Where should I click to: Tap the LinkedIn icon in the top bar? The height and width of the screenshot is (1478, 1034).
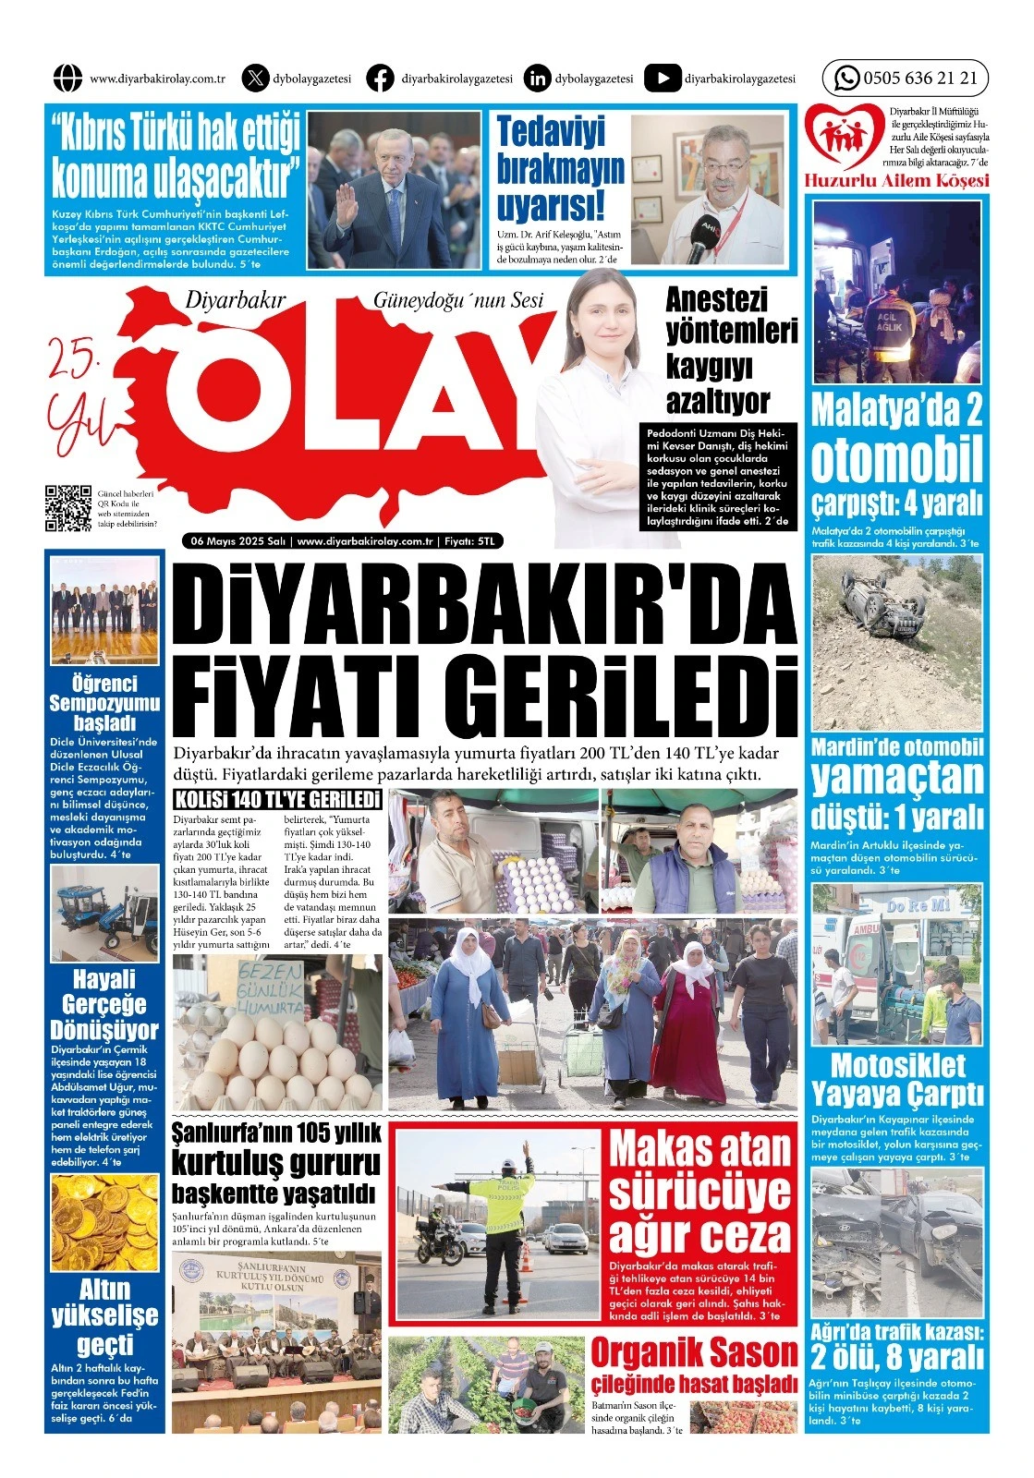(x=537, y=79)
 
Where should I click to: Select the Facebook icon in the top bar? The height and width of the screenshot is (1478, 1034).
(x=380, y=79)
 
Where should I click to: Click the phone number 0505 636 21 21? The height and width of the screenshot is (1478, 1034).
(x=919, y=79)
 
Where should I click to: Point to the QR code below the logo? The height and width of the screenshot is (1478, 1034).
(x=68, y=508)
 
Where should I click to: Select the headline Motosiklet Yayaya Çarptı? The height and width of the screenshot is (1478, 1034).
(x=897, y=1079)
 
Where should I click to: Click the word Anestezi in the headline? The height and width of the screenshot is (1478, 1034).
(x=717, y=300)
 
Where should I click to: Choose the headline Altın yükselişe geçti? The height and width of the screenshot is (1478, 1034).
(x=104, y=1315)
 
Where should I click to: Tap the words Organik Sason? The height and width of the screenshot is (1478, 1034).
(x=693, y=1354)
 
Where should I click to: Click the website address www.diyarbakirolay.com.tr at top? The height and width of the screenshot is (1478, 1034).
(x=158, y=79)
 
